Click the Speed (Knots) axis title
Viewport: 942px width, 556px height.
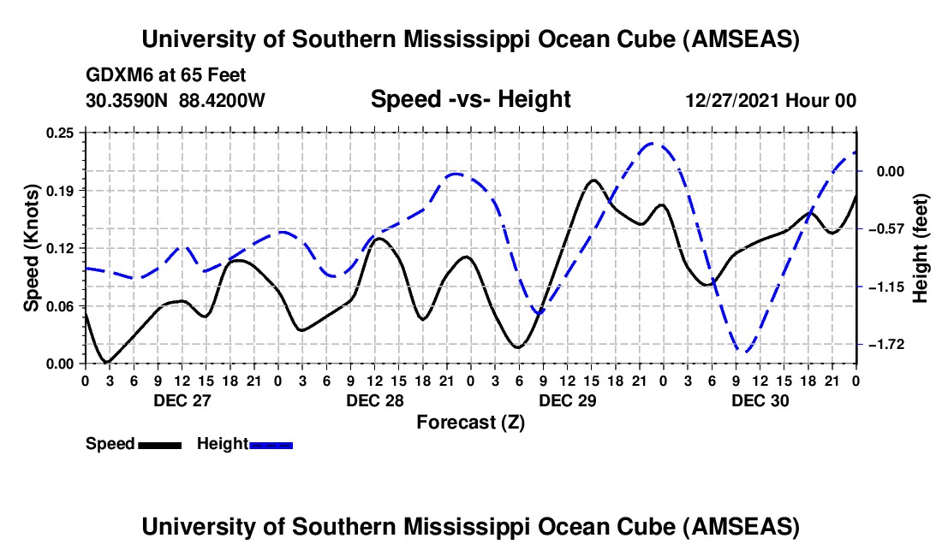point(31,247)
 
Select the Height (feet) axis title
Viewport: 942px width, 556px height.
point(921,248)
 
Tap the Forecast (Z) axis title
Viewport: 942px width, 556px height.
point(470,422)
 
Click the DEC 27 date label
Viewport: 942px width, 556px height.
point(182,399)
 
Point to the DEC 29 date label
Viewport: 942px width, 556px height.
point(567,399)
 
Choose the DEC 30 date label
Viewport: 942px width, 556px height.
point(760,399)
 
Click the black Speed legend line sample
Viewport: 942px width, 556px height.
point(159,444)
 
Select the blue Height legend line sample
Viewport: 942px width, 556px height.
point(271,444)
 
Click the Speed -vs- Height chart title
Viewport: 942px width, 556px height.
point(470,99)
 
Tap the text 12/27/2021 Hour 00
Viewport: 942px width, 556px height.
point(771,100)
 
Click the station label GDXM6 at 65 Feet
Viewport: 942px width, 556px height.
point(166,75)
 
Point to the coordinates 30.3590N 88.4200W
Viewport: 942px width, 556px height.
point(176,100)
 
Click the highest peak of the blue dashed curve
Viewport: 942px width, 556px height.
point(654,143)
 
